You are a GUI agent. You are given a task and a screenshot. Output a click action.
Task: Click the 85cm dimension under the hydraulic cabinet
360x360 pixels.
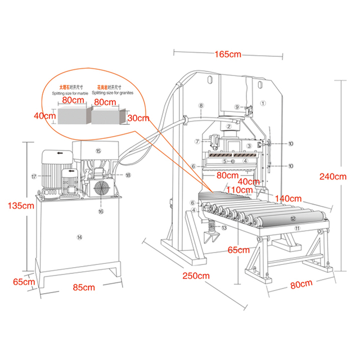84,287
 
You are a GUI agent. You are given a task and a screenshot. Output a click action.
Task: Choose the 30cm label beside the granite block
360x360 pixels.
138,118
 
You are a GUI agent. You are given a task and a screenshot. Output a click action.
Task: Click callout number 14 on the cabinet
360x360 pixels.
79,237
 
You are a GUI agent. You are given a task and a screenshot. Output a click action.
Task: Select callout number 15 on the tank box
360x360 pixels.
98,151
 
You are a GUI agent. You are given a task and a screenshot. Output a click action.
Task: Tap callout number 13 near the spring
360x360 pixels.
224,228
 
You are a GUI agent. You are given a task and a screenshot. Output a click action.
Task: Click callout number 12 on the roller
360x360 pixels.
292,218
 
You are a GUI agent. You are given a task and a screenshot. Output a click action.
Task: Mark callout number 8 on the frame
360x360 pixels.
201,106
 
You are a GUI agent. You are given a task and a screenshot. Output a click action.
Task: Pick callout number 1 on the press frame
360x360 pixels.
263,103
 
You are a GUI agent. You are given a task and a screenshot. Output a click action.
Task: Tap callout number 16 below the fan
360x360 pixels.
101,211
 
